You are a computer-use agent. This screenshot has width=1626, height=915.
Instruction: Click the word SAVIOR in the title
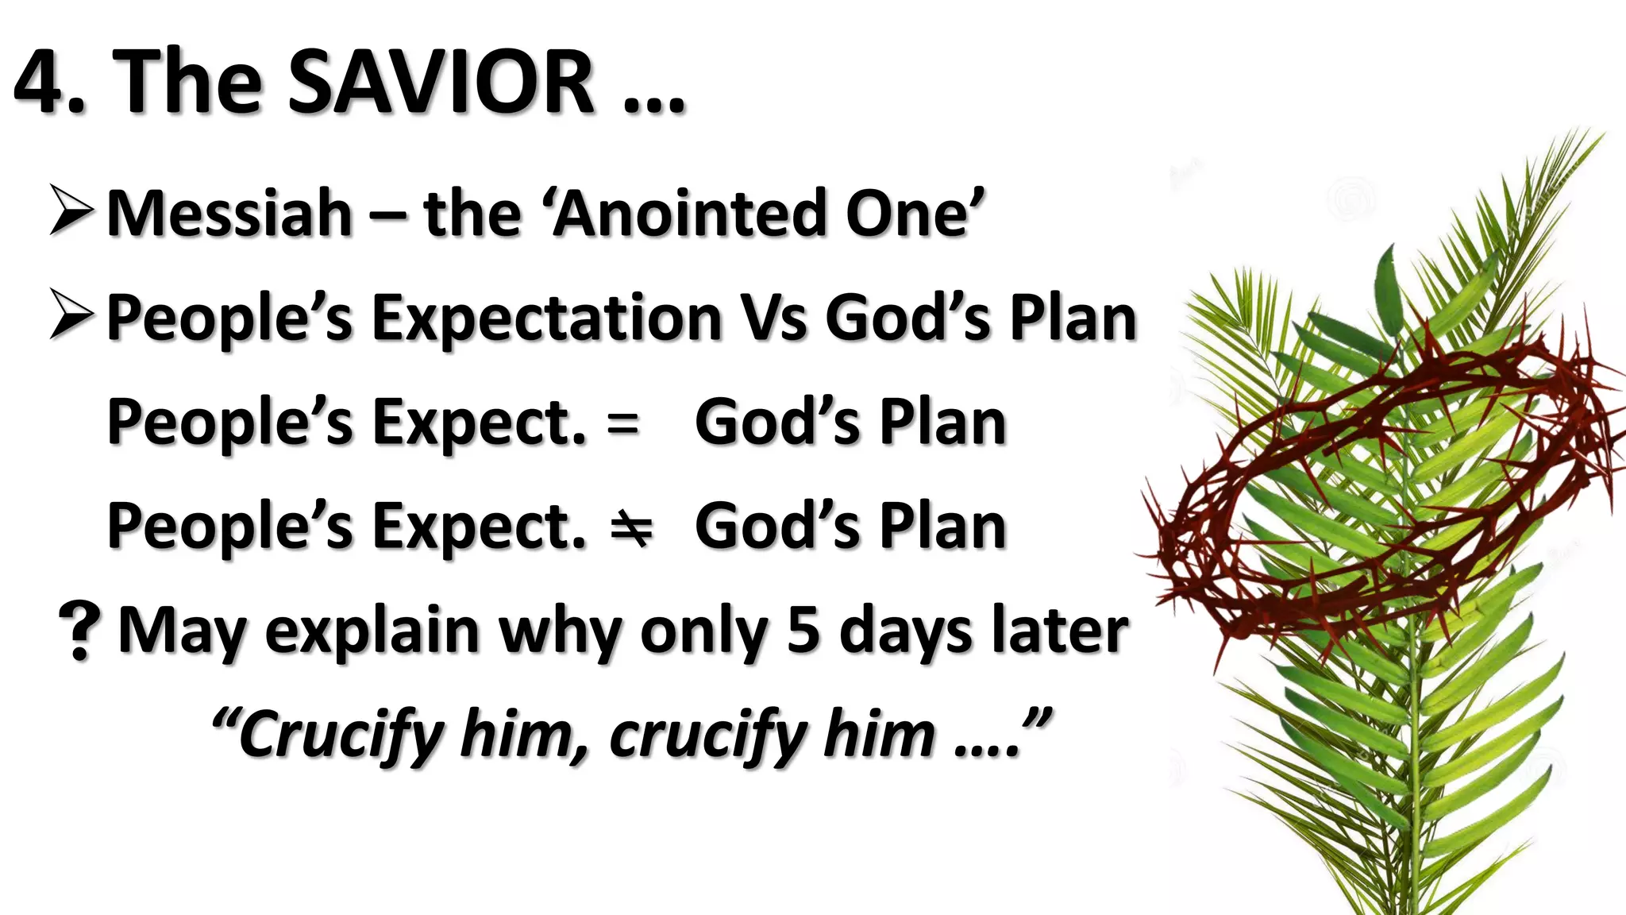point(440,82)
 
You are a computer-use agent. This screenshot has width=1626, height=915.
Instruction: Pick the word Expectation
point(547,318)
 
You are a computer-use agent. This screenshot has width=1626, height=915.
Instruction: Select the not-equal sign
point(631,527)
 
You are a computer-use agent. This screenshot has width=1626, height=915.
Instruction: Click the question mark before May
point(79,631)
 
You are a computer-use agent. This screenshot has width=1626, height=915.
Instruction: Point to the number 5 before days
point(803,631)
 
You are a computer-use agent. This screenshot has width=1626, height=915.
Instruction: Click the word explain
point(372,632)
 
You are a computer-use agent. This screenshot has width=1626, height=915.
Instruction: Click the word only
point(703,632)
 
